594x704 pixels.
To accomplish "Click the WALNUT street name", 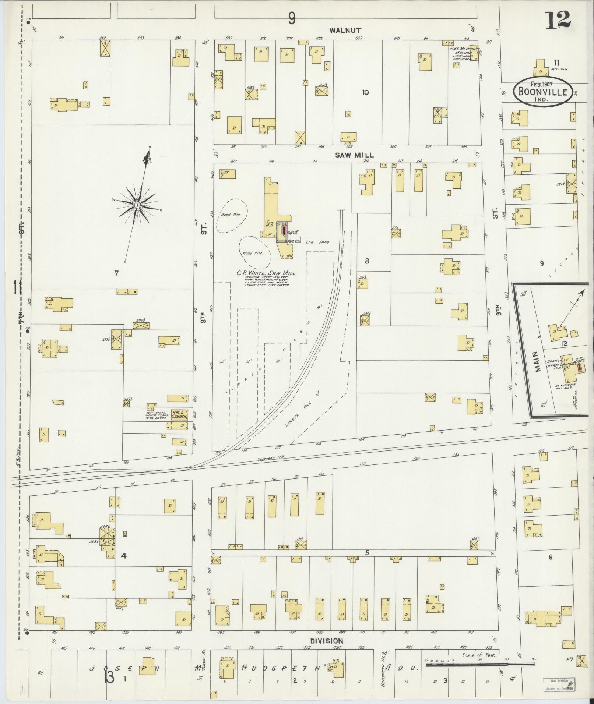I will (x=345, y=31).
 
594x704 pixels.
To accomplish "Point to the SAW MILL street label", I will (x=354, y=155).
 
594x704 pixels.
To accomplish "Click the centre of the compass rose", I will (x=137, y=205).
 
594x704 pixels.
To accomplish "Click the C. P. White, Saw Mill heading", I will (x=266, y=273).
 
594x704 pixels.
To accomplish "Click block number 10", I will (x=365, y=92).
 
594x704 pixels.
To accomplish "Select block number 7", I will (x=116, y=273).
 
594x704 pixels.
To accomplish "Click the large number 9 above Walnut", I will (x=292, y=18).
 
